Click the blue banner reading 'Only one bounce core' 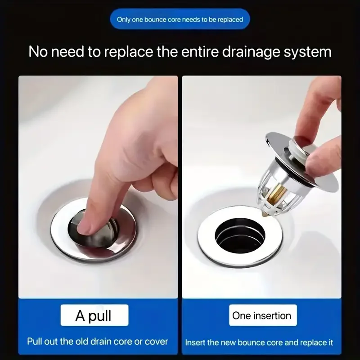point(180,20)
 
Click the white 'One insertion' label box point(261,315)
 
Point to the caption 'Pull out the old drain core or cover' point(97,341)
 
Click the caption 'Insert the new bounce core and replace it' point(262,342)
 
